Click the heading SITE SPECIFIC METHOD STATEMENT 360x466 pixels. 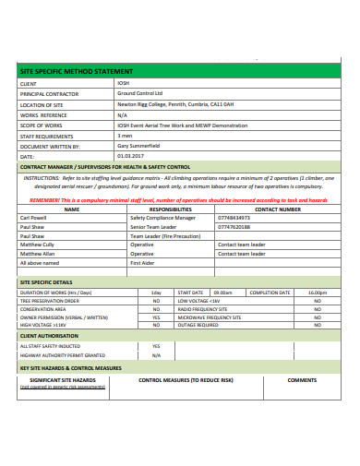click(x=76, y=71)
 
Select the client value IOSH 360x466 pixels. click(x=124, y=83)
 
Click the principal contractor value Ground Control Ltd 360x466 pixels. click(x=139, y=93)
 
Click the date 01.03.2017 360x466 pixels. click(x=130, y=156)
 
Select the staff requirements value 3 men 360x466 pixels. click(x=125, y=135)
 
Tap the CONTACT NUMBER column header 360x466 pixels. click(x=277, y=209)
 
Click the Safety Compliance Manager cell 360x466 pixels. click(x=162, y=218)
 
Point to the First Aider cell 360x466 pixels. click(x=142, y=262)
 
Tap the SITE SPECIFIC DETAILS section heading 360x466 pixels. click(x=46, y=281)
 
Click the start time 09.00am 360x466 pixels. click(x=222, y=292)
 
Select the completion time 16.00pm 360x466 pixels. click(x=317, y=292)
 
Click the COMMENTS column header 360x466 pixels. click(x=302, y=379)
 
